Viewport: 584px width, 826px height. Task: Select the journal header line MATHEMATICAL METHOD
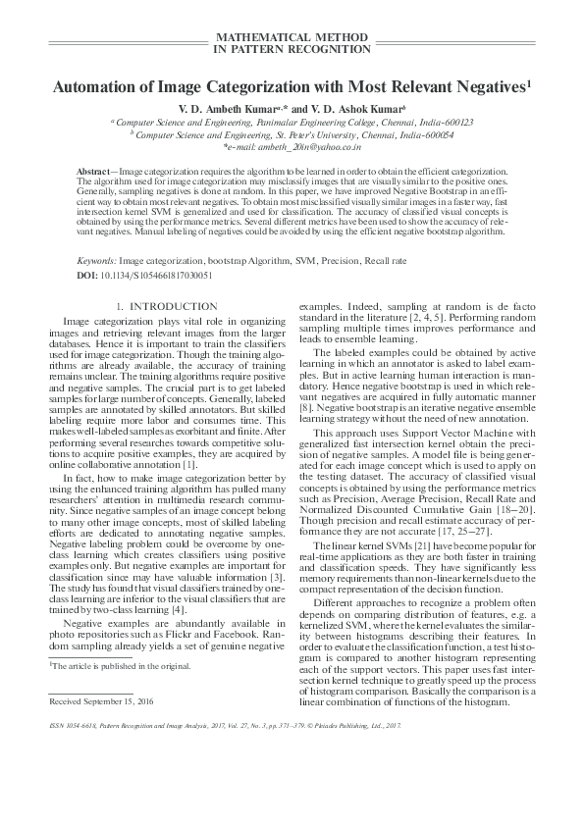coord(292,35)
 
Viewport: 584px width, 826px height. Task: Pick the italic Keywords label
coord(95,264)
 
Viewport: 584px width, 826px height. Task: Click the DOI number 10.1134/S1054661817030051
coord(156,277)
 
